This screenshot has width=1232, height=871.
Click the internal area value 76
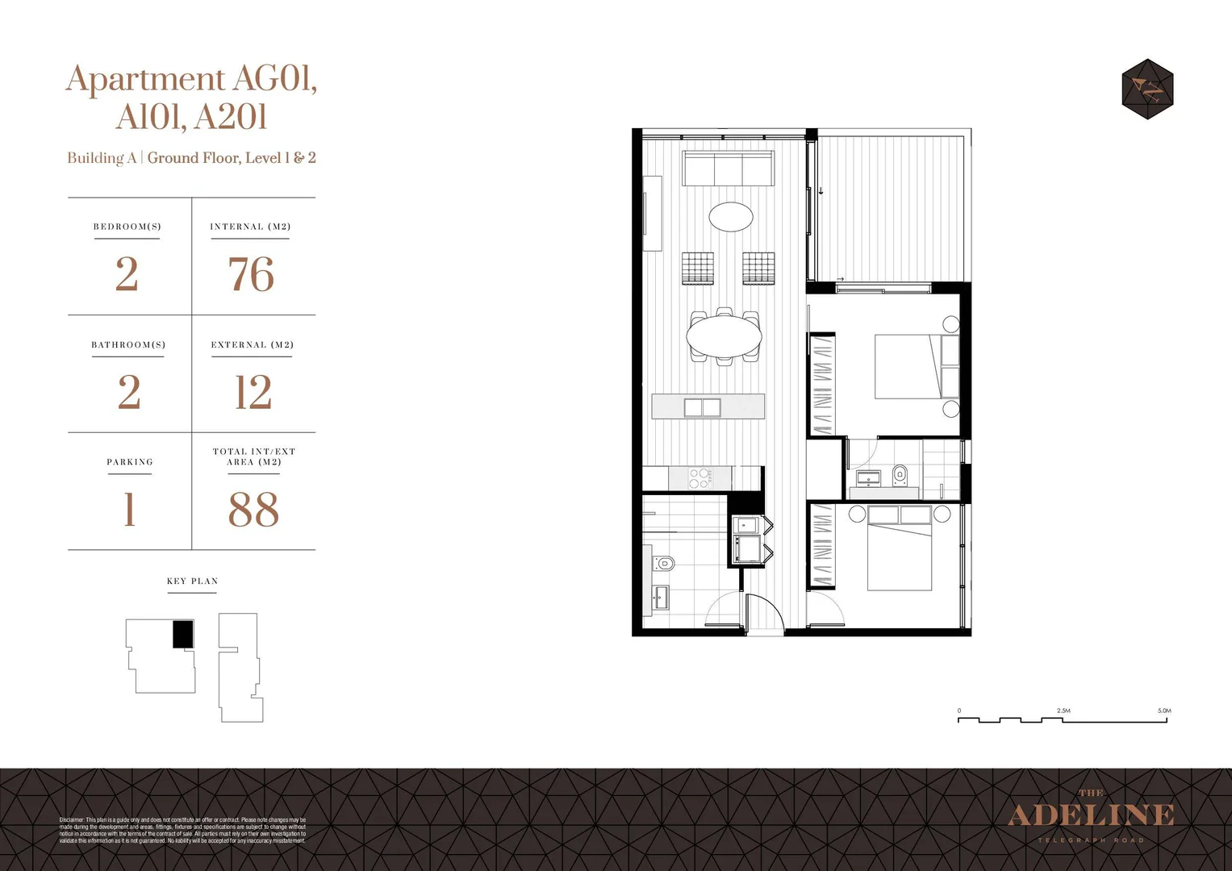(x=251, y=275)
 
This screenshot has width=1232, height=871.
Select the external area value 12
(x=253, y=393)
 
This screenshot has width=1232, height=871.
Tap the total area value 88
(x=253, y=511)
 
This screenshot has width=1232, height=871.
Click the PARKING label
(x=130, y=462)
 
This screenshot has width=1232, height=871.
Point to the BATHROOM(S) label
(x=128, y=344)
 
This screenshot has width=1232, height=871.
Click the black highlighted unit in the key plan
(x=183, y=634)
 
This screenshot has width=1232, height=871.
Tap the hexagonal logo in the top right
(x=1147, y=89)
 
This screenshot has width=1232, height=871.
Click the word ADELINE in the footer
(x=1091, y=815)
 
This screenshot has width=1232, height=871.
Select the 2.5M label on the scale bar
(x=1063, y=711)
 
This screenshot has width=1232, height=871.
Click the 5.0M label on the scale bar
(x=1163, y=711)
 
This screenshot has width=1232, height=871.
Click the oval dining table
(x=724, y=335)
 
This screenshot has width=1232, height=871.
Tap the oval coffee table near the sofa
(x=730, y=216)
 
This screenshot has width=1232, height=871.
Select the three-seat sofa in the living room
(x=728, y=169)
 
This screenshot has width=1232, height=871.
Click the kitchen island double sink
(x=702, y=407)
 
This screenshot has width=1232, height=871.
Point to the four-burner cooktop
(x=700, y=478)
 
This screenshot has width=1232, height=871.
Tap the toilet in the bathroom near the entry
(x=664, y=563)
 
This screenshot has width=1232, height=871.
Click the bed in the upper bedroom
(x=909, y=366)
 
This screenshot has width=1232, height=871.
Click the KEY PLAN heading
(x=192, y=581)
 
